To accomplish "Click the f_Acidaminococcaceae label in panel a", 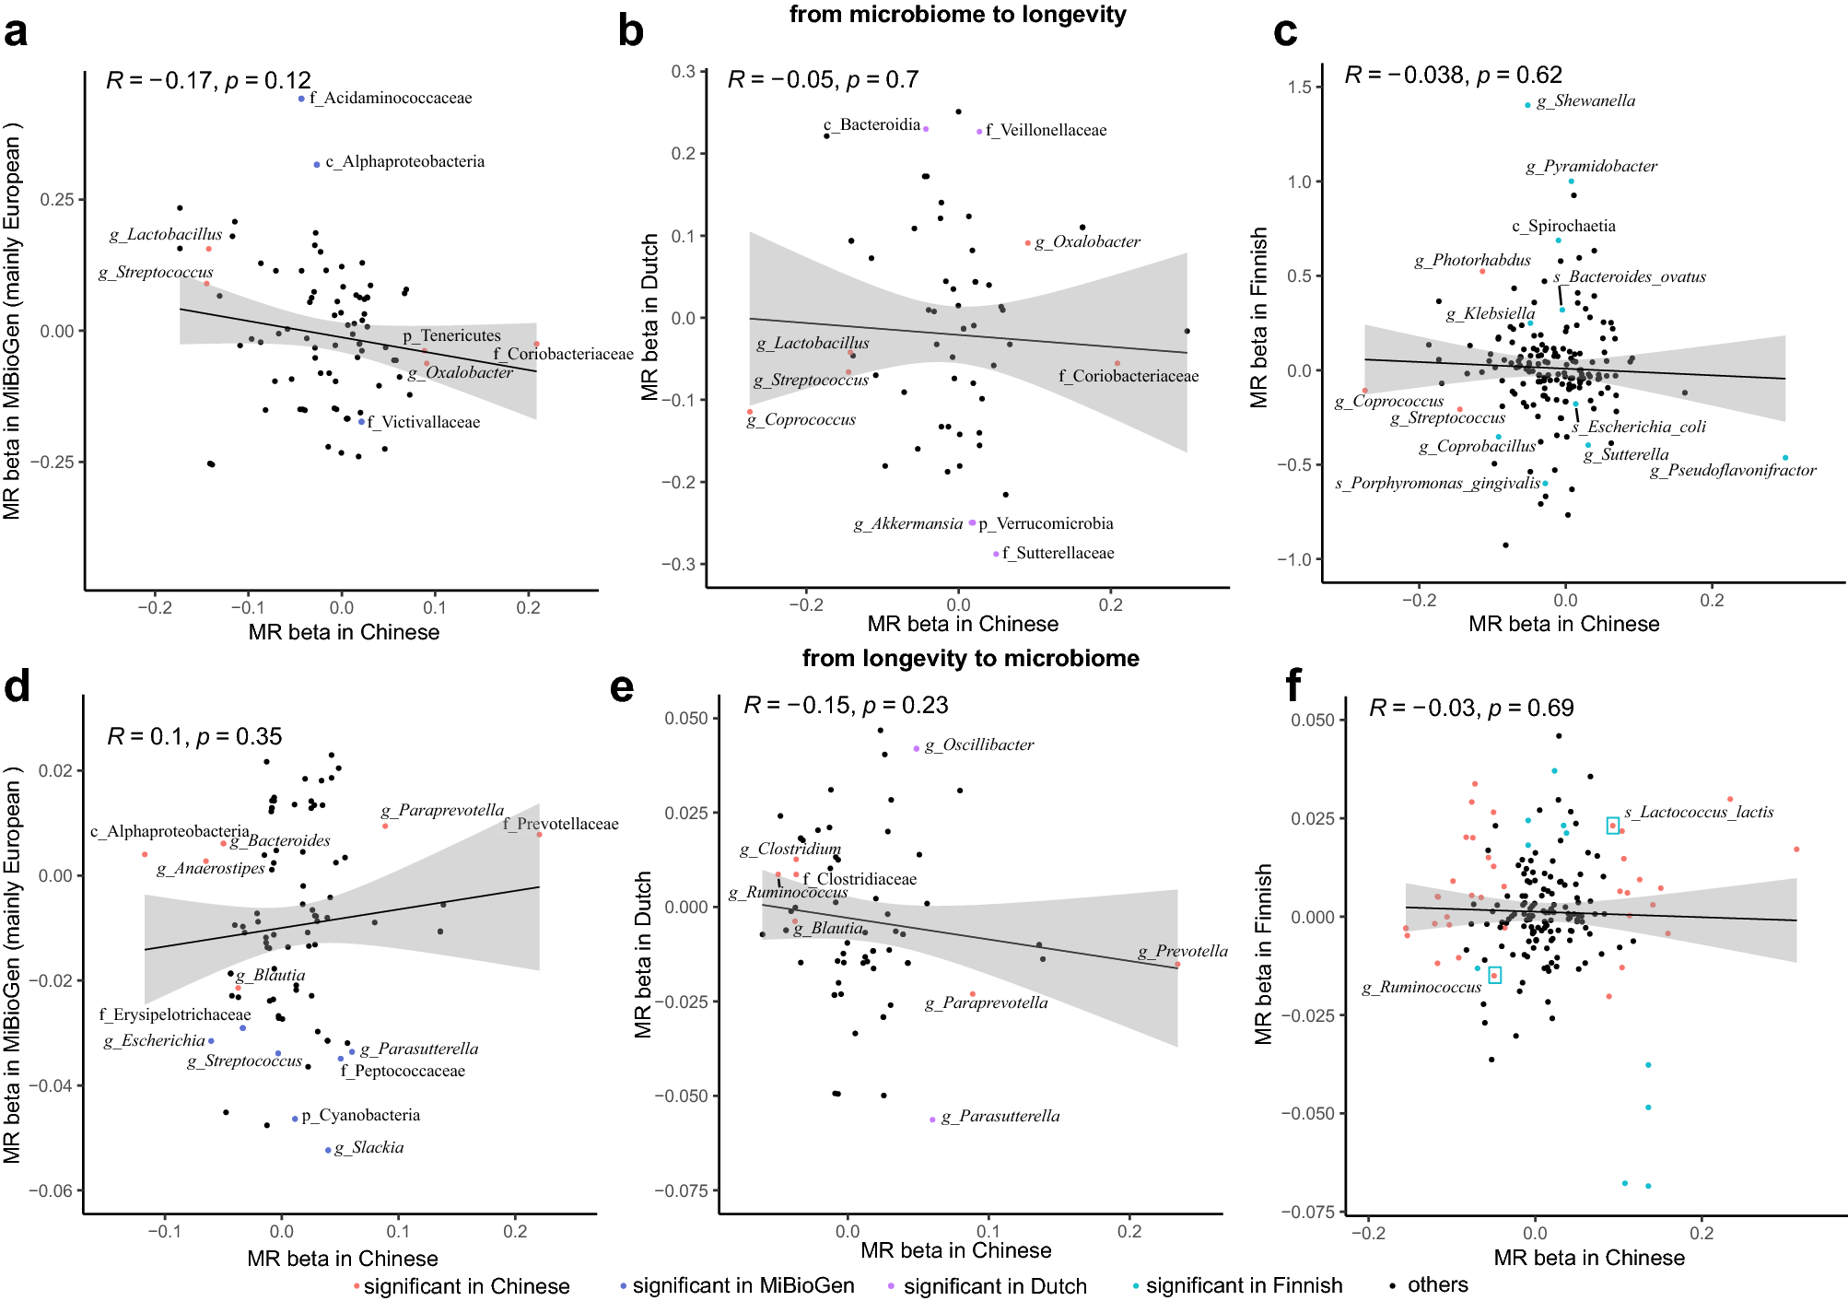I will click(x=391, y=98).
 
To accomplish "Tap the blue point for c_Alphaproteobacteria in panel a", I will click(x=317, y=164).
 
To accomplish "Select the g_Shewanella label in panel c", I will click(x=1585, y=101).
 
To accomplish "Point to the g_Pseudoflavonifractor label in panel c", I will click(x=1733, y=471).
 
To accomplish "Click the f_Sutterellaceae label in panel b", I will click(x=1058, y=553).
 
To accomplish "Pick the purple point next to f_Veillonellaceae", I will click(x=979, y=132).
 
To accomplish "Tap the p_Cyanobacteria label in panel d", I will click(x=361, y=1115).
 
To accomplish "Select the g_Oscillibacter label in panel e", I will click(x=979, y=744).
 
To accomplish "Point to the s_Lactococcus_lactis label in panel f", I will click(x=1699, y=813).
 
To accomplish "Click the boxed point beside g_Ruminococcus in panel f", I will click(x=1494, y=975).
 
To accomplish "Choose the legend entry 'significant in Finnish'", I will click(x=1244, y=1285).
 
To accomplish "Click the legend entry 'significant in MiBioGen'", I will click(x=743, y=1285).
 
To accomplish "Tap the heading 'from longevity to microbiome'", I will click(x=970, y=658).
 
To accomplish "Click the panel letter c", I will click(x=1285, y=32).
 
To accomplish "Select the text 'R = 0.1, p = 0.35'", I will click(x=194, y=736).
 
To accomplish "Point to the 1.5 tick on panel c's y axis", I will click(x=1300, y=88).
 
